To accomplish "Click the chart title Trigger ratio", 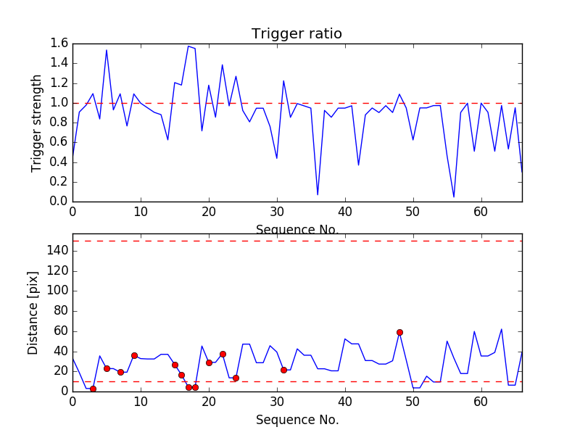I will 297,34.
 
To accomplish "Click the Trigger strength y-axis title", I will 37,123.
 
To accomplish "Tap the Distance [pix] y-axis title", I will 33,312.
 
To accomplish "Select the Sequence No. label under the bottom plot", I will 297,420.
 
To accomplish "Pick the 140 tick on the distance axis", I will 57,251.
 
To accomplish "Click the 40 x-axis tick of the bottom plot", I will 345,401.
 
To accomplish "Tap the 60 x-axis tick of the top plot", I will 481,212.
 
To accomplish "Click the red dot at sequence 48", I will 399,332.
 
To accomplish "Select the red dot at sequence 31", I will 283,370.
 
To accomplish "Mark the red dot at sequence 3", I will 93,389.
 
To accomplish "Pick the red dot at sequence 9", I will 134,355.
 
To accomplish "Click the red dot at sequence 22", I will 223,354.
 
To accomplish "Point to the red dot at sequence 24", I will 236,378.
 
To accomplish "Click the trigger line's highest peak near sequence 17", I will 188,46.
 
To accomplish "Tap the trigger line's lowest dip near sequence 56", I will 454,196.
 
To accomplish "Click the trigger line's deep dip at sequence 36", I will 318,194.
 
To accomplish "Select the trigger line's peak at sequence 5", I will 107,50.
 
